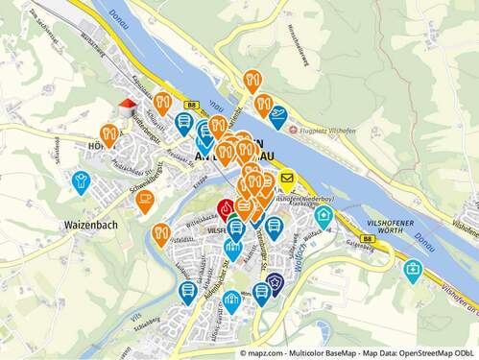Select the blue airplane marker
[x=278, y=116]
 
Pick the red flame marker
[x=226, y=207]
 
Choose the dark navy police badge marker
[x=275, y=281]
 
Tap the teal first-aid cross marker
[x=413, y=270]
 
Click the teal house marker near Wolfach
[x=324, y=215]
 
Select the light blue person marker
[x=82, y=180]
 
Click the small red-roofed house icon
[x=127, y=107]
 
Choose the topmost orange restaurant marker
[x=252, y=80]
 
